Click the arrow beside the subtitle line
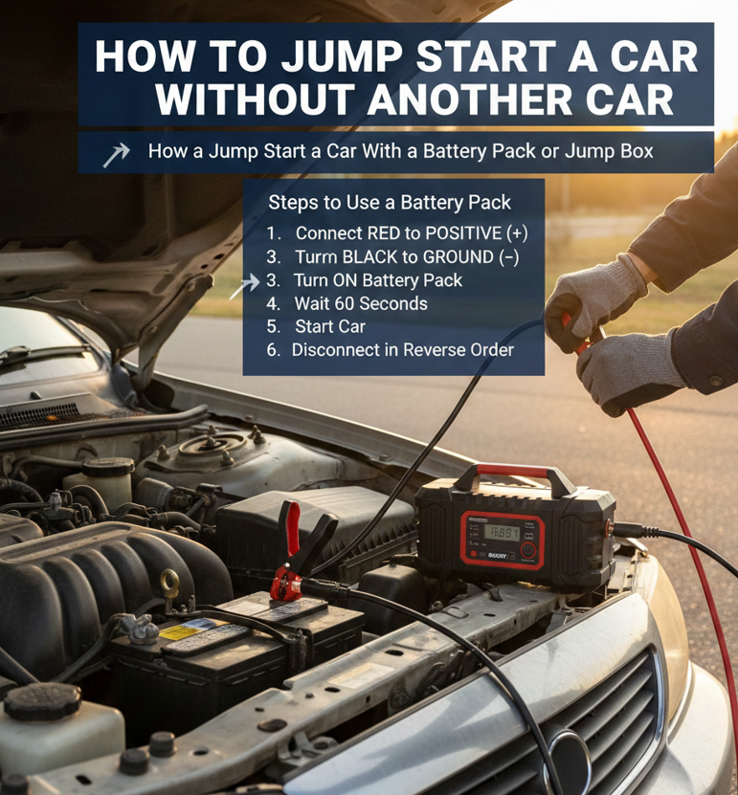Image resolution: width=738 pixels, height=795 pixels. click(116, 154)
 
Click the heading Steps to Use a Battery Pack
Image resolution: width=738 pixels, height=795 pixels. click(390, 202)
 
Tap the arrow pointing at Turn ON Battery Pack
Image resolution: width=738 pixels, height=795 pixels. click(244, 286)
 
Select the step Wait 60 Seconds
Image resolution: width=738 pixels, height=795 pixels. click(361, 303)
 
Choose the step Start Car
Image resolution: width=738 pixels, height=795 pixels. click(330, 326)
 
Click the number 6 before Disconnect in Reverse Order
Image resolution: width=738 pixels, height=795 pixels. click(273, 350)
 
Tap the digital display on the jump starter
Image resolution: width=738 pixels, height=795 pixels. click(502, 532)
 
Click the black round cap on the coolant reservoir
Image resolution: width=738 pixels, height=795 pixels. click(43, 701)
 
